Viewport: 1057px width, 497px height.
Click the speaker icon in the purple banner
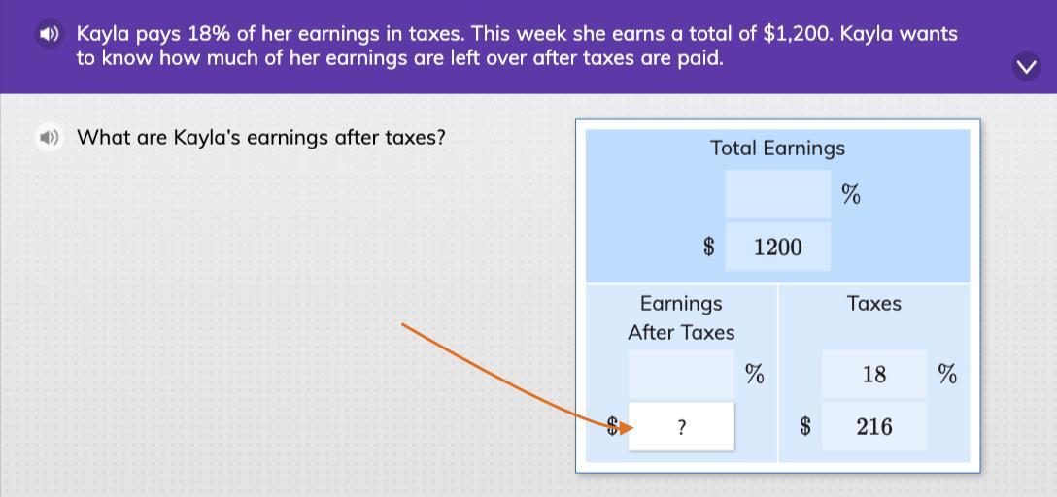click(x=49, y=34)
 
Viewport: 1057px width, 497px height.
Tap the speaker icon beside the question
click(x=49, y=138)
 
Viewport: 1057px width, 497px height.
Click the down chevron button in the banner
click(x=1027, y=67)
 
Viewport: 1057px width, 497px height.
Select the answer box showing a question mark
click(x=682, y=426)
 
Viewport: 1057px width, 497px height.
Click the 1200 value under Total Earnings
click(x=778, y=248)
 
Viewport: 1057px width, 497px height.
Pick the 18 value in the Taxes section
click(x=874, y=374)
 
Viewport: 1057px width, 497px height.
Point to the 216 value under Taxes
click(x=874, y=426)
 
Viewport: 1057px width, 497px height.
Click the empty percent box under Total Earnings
click(x=778, y=194)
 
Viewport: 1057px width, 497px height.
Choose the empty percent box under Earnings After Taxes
click(x=682, y=374)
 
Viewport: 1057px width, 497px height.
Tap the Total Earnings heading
click(x=777, y=149)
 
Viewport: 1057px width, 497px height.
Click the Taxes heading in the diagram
click(x=874, y=304)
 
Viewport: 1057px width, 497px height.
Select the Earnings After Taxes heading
click(x=681, y=317)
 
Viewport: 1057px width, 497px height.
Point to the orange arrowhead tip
click(x=634, y=428)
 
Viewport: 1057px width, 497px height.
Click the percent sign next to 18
click(x=947, y=374)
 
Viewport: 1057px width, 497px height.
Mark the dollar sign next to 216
click(x=804, y=426)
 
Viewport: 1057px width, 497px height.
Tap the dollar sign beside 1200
click(x=708, y=248)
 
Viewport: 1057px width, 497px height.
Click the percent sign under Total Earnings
click(x=851, y=194)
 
